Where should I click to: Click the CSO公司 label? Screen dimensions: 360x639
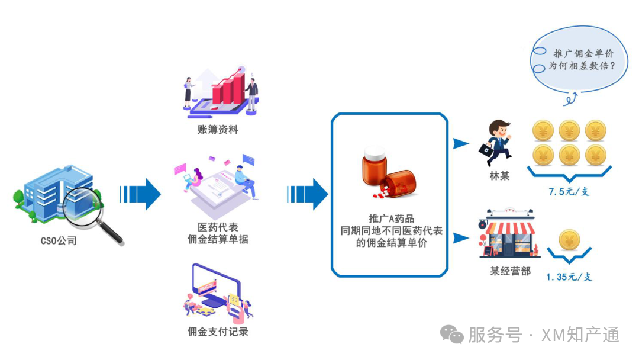pyautogui.click(x=59, y=241)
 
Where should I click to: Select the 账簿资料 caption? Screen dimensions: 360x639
pyautogui.click(x=218, y=130)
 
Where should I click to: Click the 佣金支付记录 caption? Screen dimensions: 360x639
pyautogui.click(x=218, y=332)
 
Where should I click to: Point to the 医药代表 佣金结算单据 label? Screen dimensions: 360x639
pyautogui.click(x=218, y=233)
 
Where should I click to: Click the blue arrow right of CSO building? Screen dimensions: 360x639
pyautogui.click(x=140, y=194)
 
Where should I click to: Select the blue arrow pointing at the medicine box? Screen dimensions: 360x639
pyautogui.click(x=308, y=194)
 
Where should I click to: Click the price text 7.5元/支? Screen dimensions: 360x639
pyautogui.click(x=569, y=191)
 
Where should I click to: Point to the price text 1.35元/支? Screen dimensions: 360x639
pyautogui.click(x=569, y=277)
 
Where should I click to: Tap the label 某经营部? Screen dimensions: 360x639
pyautogui.click(x=510, y=272)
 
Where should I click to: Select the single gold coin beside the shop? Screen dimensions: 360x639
pyautogui.click(x=569, y=240)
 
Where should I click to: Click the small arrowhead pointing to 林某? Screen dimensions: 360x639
pyautogui.click(x=460, y=143)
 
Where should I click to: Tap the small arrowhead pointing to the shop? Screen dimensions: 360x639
pyautogui.click(x=460, y=238)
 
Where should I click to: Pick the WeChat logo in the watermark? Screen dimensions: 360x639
pyautogui.click(x=454, y=335)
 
